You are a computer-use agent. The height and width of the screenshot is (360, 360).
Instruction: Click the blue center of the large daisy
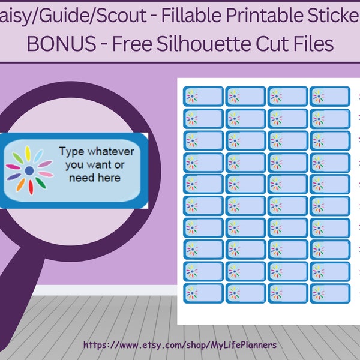pos(29,171)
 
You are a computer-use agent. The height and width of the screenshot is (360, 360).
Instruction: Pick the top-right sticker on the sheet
pos(330,96)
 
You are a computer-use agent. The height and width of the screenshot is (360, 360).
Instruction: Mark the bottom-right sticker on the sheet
pos(330,293)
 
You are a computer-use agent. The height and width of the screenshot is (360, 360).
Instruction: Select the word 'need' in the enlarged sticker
pos(81,178)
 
